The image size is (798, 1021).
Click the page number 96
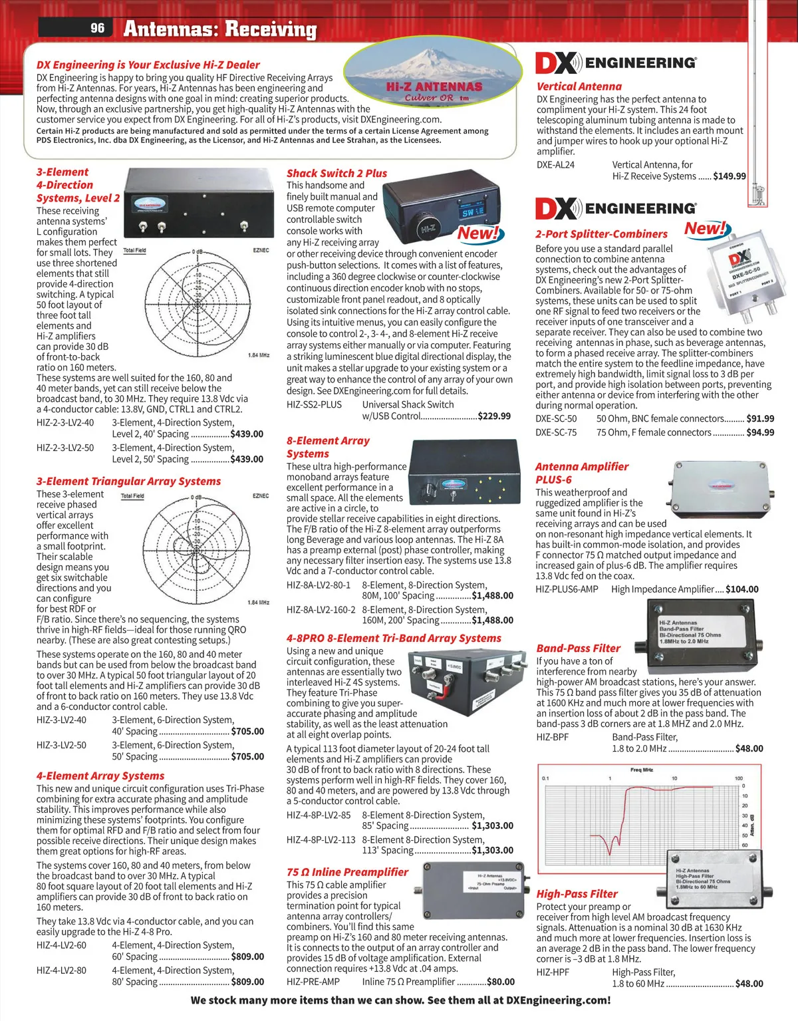pyautogui.click(x=98, y=28)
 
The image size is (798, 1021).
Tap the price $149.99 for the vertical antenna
pyautogui.click(x=730, y=176)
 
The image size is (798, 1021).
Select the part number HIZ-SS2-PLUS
pyautogui.click(x=314, y=404)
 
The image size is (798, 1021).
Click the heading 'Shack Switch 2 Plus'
pyautogui.click(x=336, y=173)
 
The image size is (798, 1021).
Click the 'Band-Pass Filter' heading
pyautogui.click(x=578, y=648)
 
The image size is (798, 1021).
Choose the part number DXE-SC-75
pyautogui.click(x=556, y=432)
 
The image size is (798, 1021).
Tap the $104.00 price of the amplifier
pyautogui.click(x=741, y=589)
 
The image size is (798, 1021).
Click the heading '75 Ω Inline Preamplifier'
pyautogui.click(x=347, y=872)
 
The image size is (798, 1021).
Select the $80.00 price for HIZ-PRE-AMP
pyautogui.click(x=500, y=982)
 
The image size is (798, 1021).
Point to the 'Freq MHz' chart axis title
pyautogui.click(x=642, y=770)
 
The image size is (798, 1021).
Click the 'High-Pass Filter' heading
pyautogui.click(x=577, y=894)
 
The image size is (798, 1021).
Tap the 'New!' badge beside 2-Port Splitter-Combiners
pyautogui.click(x=705, y=229)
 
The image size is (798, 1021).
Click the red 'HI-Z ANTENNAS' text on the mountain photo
pyautogui.click(x=434, y=86)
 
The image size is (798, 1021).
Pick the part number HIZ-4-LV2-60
pyautogui.click(x=61, y=945)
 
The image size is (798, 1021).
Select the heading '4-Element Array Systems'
pyautogui.click(x=100, y=776)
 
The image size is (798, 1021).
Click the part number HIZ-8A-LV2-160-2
pyautogui.click(x=321, y=609)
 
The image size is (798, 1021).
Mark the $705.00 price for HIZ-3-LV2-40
pyautogui.click(x=247, y=731)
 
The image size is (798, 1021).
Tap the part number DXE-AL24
pyautogui.click(x=555, y=165)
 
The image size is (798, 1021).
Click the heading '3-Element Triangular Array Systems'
pyautogui.click(x=128, y=481)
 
